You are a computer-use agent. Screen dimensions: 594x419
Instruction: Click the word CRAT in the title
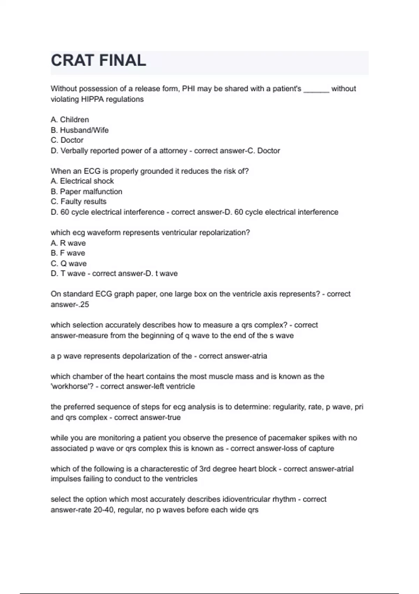click(73, 60)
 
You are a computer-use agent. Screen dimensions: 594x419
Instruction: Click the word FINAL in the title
click(123, 60)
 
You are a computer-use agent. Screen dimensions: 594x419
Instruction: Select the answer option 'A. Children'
click(70, 119)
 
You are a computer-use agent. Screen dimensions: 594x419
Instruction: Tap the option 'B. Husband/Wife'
click(80, 130)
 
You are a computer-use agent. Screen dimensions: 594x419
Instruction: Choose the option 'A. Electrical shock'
click(82, 181)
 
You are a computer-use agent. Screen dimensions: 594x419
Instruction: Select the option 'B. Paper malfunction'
click(86, 191)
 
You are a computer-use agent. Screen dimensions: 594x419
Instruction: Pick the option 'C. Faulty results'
click(79, 202)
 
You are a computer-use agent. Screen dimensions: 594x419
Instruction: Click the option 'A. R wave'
click(68, 243)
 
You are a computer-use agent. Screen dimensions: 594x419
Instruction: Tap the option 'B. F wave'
click(68, 253)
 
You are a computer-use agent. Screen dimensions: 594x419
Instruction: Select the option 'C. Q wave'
click(68, 263)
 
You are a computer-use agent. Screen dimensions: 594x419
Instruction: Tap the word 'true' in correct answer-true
click(174, 418)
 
